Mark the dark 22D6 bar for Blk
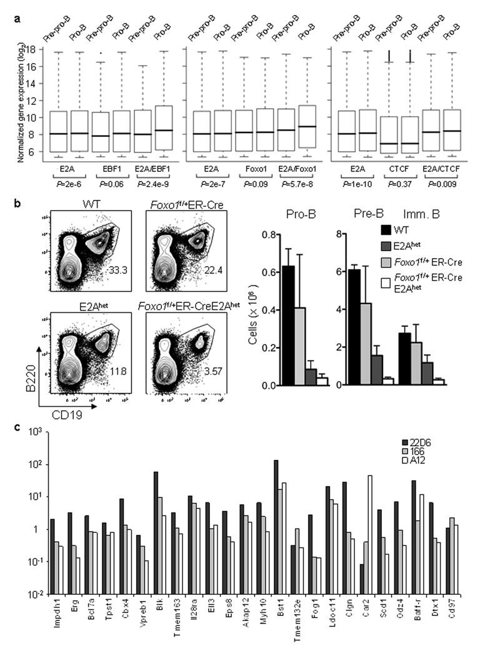156,532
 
